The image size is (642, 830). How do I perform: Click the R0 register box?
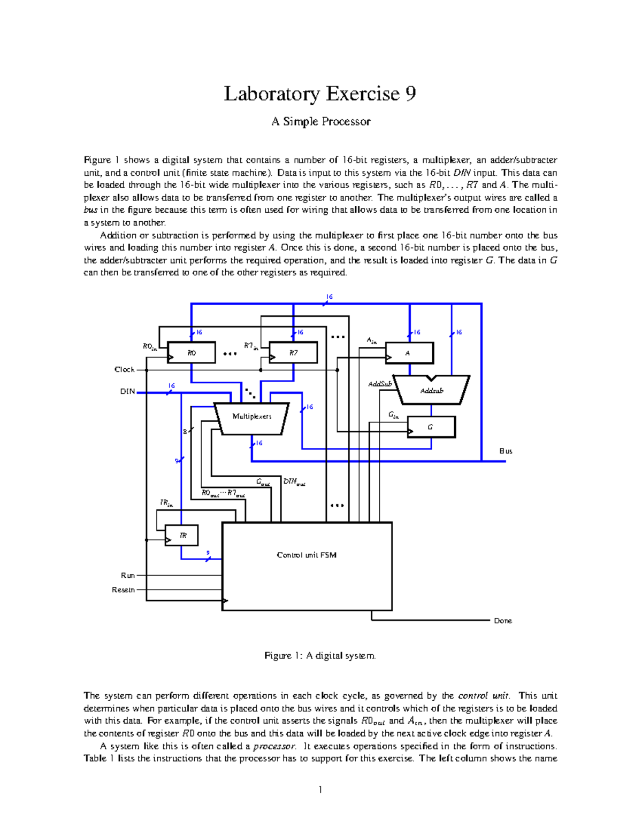pyautogui.click(x=192, y=353)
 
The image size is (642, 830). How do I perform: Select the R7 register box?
pyautogui.click(x=293, y=353)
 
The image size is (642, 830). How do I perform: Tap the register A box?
pyautogui.click(x=409, y=353)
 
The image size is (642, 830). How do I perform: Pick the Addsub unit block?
pyautogui.click(x=432, y=391)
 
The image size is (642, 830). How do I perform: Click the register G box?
pyautogui.click(x=431, y=427)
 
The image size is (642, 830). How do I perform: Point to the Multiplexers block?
pyautogui.click(x=251, y=417)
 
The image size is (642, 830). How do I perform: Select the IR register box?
pyautogui.click(x=182, y=536)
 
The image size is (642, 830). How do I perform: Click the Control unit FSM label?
pyautogui.click(x=307, y=555)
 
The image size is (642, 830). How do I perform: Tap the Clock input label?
pyautogui.click(x=124, y=370)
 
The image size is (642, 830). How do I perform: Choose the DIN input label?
pyautogui.click(x=127, y=392)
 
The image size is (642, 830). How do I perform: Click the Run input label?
pyautogui.click(x=127, y=576)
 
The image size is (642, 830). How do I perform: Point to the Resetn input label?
pyautogui.click(x=123, y=590)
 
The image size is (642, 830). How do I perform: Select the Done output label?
pyautogui.click(x=503, y=621)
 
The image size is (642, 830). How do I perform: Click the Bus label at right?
pyautogui.click(x=506, y=451)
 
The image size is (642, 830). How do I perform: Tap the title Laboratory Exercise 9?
pyautogui.click(x=320, y=94)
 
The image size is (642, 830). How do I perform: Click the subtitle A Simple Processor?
pyautogui.click(x=320, y=122)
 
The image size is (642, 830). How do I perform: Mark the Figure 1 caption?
pyautogui.click(x=320, y=656)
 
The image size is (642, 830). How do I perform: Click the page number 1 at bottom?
pyautogui.click(x=320, y=790)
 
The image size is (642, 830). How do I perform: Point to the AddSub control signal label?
pyautogui.click(x=380, y=384)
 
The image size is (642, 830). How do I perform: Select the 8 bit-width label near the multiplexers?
pyautogui.click(x=185, y=432)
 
